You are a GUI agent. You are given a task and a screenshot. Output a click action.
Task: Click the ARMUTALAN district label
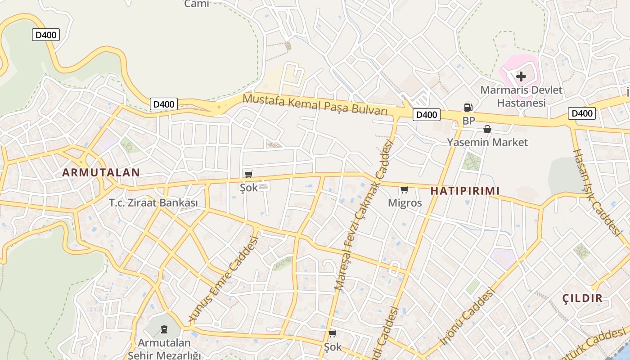pyautogui.click(x=101, y=172)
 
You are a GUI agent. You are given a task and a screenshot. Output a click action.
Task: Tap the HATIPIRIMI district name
pyautogui.click(x=465, y=191)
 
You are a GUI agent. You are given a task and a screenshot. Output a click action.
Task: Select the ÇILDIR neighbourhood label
pyautogui.click(x=582, y=298)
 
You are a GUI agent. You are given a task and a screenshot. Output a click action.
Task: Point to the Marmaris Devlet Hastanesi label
pyautogui.click(x=521, y=96)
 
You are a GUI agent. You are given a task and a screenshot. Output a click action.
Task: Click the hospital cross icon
pyautogui.click(x=521, y=76)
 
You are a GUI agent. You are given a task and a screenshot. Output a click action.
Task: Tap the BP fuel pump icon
pyautogui.click(x=468, y=108)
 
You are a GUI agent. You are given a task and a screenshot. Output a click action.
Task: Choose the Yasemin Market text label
pyautogui.click(x=487, y=142)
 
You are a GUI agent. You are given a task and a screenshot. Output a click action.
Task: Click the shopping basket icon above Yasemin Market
pyautogui.click(x=487, y=130)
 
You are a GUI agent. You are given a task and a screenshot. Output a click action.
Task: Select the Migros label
pyautogui.click(x=405, y=203)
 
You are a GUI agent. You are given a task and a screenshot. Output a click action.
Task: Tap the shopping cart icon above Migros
pyautogui.click(x=404, y=190)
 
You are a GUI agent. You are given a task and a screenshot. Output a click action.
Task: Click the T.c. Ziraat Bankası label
pyautogui.click(x=153, y=203)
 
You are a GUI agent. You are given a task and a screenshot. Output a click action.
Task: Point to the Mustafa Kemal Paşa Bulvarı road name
pyautogui.click(x=315, y=104)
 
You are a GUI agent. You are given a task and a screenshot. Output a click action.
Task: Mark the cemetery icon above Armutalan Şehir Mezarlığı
pyautogui.click(x=164, y=330)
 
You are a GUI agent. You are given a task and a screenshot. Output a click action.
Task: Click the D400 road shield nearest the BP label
pyautogui.click(x=426, y=115)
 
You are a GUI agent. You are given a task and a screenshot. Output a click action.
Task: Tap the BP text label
pyautogui.click(x=468, y=121)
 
